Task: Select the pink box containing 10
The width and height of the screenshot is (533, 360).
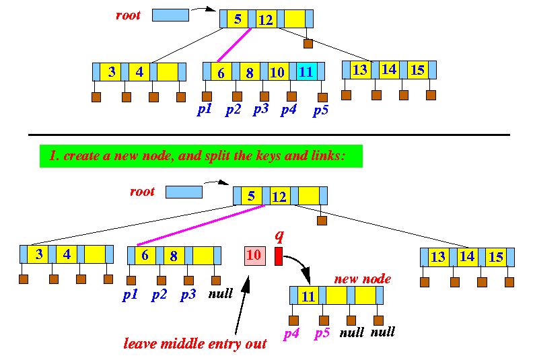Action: [254, 255]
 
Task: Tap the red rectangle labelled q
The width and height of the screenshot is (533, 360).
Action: [279, 256]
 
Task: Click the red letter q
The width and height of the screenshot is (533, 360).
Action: [279, 236]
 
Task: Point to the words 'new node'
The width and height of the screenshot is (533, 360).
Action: [362, 279]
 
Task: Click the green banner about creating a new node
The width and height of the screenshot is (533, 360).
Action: [201, 156]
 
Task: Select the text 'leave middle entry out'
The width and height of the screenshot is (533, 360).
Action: [195, 344]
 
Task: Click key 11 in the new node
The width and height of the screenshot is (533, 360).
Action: [308, 296]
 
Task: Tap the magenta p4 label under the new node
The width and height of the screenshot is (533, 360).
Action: [291, 332]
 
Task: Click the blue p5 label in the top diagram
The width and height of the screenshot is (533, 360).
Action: [320, 110]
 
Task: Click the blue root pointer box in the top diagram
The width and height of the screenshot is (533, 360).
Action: [170, 14]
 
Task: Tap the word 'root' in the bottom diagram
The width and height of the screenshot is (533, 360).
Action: [142, 192]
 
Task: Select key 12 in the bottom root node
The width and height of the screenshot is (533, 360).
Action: [279, 196]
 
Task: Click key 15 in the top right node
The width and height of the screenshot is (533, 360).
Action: [417, 69]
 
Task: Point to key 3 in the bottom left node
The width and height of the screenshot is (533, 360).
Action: [40, 254]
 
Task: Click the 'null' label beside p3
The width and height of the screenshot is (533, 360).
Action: [220, 293]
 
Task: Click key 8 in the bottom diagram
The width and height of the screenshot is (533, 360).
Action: [174, 256]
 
